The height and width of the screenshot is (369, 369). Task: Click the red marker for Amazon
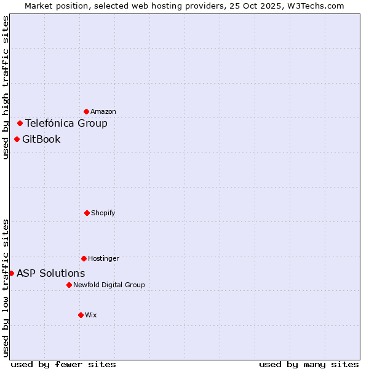87,111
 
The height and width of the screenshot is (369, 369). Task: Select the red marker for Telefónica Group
20,123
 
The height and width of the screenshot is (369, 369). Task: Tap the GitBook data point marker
17,139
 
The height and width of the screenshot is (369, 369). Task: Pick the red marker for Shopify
87,213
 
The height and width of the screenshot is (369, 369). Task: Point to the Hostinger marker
84,258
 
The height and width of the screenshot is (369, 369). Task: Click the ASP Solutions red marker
11,273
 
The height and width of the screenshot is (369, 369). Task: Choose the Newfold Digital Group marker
69,285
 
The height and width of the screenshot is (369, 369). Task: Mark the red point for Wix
81,315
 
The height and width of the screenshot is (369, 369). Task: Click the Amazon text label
103,112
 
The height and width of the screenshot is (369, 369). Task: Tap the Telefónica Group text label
66,123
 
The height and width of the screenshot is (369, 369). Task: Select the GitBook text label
41,139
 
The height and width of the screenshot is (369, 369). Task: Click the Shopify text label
103,213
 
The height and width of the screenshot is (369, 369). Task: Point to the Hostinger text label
103,259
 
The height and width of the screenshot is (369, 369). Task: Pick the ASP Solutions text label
51,273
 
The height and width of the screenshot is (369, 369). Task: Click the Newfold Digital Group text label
109,285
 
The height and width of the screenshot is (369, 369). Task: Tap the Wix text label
91,315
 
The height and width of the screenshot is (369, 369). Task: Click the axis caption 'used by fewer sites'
63,364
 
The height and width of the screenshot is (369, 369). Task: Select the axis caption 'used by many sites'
309,364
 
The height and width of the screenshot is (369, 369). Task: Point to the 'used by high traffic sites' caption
6,87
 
